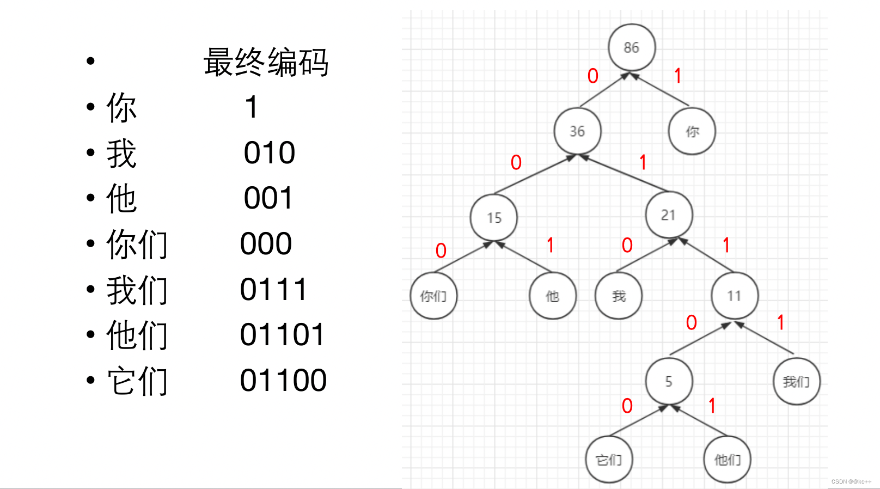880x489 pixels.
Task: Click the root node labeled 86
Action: (x=632, y=47)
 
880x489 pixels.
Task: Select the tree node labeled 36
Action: (x=577, y=131)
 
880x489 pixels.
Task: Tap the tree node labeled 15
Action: (x=494, y=218)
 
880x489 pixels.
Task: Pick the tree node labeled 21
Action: (x=669, y=215)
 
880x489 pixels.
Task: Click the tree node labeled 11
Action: (x=735, y=296)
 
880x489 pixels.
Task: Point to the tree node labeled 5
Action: (x=669, y=381)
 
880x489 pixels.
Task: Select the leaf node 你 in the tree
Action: (x=692, y=131)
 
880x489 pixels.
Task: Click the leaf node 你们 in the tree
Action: (x=433, y=296)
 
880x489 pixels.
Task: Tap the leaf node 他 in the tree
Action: (x=553, y=296)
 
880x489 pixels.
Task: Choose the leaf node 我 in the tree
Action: (x=619, y=296)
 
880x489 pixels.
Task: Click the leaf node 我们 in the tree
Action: (x=796, y=381)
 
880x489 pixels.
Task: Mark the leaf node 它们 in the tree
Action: (x=609, y=460)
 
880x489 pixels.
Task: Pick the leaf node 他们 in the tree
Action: (x=728, y=460)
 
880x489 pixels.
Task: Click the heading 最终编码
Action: (x=266, y=62)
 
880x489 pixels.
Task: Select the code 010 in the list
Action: (x=270, y=152)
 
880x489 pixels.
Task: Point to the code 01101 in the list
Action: (x=282, y=334)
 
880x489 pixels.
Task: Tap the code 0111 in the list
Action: (x=273, y=289)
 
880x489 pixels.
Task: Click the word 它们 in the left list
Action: (x=137, y=381)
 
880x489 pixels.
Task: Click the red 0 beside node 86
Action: (x=593, y=76)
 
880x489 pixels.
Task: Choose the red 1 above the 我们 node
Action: (x=781, y=322)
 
